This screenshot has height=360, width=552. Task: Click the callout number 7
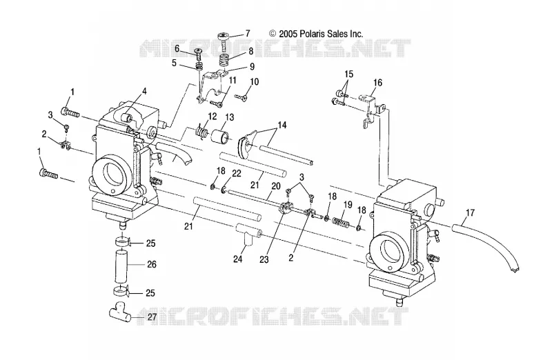(248, 33)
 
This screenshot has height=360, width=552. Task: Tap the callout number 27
(152, 317)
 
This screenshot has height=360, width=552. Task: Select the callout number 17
(471, 212)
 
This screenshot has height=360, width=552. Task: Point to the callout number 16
(377, 83)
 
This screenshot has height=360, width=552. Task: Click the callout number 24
(238, 259)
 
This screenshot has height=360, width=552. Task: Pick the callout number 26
(152, 264)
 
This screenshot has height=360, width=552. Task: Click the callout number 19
(348, 204)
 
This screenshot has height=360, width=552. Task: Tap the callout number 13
(230, 117)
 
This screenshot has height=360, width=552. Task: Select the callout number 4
(144, 92)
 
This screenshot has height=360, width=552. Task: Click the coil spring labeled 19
(340, 222)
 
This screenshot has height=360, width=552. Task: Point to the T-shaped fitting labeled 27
(119, 312)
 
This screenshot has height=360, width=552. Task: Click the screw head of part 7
(224, 35)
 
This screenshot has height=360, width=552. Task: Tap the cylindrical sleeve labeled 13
(220, 136)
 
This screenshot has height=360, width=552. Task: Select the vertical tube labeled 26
(121, 265)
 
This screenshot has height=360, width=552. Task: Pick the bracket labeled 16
(371, 108)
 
